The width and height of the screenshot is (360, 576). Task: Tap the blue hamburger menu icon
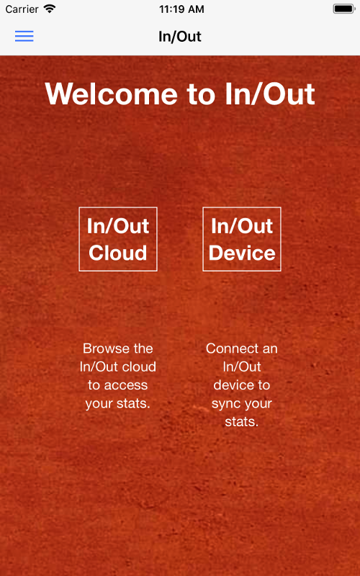pos(24,36)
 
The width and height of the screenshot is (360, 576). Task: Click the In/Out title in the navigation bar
pos(179,37)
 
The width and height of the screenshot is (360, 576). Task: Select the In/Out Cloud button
pos(118,239)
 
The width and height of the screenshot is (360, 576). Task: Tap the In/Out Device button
pos(242,239)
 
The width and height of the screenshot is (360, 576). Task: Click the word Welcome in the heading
pos(112,94)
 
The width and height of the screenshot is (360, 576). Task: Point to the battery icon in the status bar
pos(344,9)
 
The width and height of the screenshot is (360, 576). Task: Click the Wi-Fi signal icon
pos(49,9)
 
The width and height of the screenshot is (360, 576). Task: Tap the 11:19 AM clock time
pos(181,9)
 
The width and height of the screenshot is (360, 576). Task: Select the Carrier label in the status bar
pos(22,9)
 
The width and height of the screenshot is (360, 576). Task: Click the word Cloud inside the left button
pos(118,253)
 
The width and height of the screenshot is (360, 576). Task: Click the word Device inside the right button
pos(242,253)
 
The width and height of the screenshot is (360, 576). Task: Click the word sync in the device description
pos(225,404)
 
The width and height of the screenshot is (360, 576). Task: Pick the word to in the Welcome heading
pos(201,94)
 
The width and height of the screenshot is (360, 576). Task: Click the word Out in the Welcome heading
pos(290,94)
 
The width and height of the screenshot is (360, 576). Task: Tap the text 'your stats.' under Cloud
pos(117,404)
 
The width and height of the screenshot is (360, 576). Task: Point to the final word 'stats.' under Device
pos(242,422)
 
